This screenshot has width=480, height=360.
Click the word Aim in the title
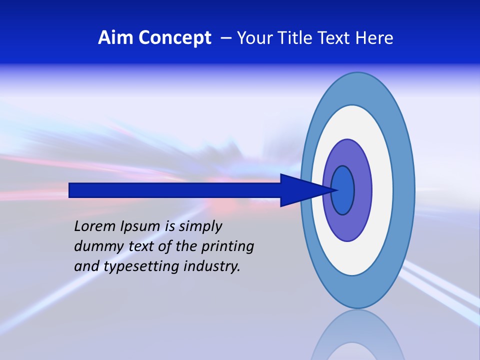point(115,38)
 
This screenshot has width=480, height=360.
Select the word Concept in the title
point(174,38)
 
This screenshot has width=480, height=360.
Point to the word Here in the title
point(374,38)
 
